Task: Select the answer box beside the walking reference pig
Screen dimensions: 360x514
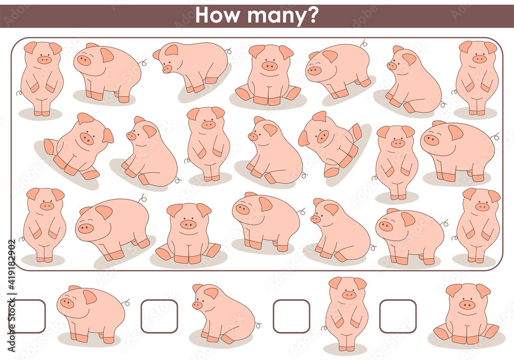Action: (27, 316)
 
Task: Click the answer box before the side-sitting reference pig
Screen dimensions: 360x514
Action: (159, 316)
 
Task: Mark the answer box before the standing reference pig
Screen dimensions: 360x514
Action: (291, 316)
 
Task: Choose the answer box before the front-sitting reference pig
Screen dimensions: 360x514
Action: (398, 316)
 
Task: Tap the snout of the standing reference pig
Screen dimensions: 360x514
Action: (349, 295)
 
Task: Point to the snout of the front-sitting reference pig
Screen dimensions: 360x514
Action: (467, 304)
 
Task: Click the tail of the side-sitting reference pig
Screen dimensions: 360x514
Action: (258, 325)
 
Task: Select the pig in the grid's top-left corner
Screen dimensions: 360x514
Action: (43, 77)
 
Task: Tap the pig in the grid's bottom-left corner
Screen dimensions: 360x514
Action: (45, 224)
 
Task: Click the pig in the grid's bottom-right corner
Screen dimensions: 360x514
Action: (479, 224)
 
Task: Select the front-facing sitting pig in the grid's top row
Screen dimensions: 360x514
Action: (269, 75)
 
